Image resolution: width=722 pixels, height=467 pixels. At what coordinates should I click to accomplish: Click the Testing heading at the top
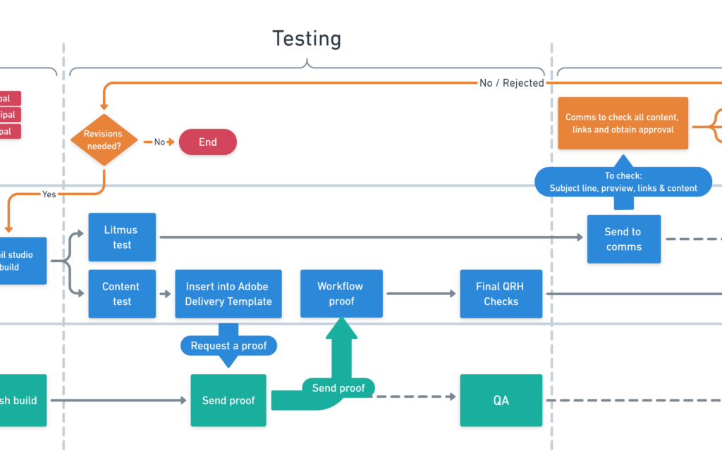point(307,39)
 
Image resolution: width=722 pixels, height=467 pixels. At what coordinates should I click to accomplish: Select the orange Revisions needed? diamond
point(104,140)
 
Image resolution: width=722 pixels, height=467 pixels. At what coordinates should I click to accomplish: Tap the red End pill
point(208,142)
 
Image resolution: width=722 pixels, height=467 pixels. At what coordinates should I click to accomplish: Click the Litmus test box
point(122,237)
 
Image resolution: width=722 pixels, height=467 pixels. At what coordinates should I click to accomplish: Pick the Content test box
point(122,294)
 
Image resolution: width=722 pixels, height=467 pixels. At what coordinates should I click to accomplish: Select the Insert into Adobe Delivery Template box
point(228,294)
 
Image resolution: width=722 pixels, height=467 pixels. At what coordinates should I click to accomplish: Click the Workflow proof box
point(341,293)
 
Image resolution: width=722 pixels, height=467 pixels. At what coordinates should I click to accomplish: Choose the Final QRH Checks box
point(501,294)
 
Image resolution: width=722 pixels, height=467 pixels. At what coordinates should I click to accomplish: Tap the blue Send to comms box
point(623,239)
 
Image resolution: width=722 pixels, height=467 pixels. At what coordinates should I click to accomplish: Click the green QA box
point(501,400)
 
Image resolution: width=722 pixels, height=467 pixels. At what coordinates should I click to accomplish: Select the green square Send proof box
point(228,400)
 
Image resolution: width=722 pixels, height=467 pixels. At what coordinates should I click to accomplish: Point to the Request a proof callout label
point(228,346)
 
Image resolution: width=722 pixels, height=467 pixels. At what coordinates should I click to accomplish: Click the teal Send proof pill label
point(338,388)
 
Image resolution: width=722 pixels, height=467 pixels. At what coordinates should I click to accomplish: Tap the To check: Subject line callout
point(623,182)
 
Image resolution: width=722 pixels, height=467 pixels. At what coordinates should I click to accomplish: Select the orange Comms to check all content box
point(623,123)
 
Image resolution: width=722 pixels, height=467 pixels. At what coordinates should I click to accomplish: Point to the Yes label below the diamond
point(49,194)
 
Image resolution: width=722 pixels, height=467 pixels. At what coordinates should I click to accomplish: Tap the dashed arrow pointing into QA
point(416,397)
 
